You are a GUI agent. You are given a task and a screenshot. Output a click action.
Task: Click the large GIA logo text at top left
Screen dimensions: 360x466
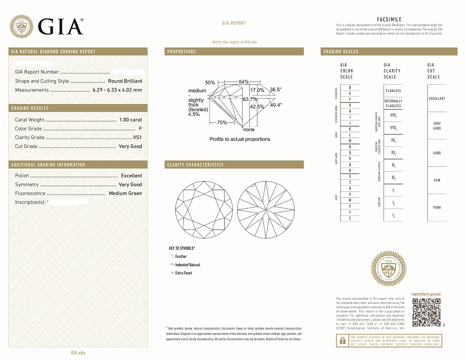tap(61, 26)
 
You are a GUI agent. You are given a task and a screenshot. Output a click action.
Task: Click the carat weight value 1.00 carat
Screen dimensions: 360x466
tap(131, 120)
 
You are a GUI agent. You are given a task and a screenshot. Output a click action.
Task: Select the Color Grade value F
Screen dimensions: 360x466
tap(140, 129)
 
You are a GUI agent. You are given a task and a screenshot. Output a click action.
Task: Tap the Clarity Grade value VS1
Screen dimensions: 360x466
tap(137, 138)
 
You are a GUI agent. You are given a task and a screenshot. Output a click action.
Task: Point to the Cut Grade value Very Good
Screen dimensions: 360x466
tap(130, 147)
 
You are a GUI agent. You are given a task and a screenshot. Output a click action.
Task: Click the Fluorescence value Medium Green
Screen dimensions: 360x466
tap(125, 194)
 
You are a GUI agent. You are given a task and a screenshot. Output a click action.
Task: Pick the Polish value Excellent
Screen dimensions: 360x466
tap(131, 176)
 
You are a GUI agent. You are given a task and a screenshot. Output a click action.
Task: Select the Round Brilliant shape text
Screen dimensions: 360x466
tap(125, 81)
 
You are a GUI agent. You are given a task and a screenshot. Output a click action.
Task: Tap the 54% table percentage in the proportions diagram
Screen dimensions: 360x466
tap(244, 82)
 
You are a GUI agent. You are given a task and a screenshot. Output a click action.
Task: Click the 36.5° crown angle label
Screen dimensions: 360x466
tap(275, 90)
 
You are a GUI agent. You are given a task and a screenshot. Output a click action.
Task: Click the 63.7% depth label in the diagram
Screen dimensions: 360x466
tap(250, 99)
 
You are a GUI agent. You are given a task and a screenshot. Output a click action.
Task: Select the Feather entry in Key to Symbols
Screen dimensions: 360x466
tap(181, 257)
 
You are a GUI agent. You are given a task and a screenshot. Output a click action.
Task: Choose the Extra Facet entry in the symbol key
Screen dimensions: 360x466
tap(183, 273)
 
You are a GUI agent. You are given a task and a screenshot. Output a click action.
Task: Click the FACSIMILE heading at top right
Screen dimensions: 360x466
tap(389, 19)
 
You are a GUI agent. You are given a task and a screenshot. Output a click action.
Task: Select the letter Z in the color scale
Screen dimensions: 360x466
tap(343, 218)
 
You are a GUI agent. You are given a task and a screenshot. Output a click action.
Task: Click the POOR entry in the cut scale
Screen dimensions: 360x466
tap(437, 208)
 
